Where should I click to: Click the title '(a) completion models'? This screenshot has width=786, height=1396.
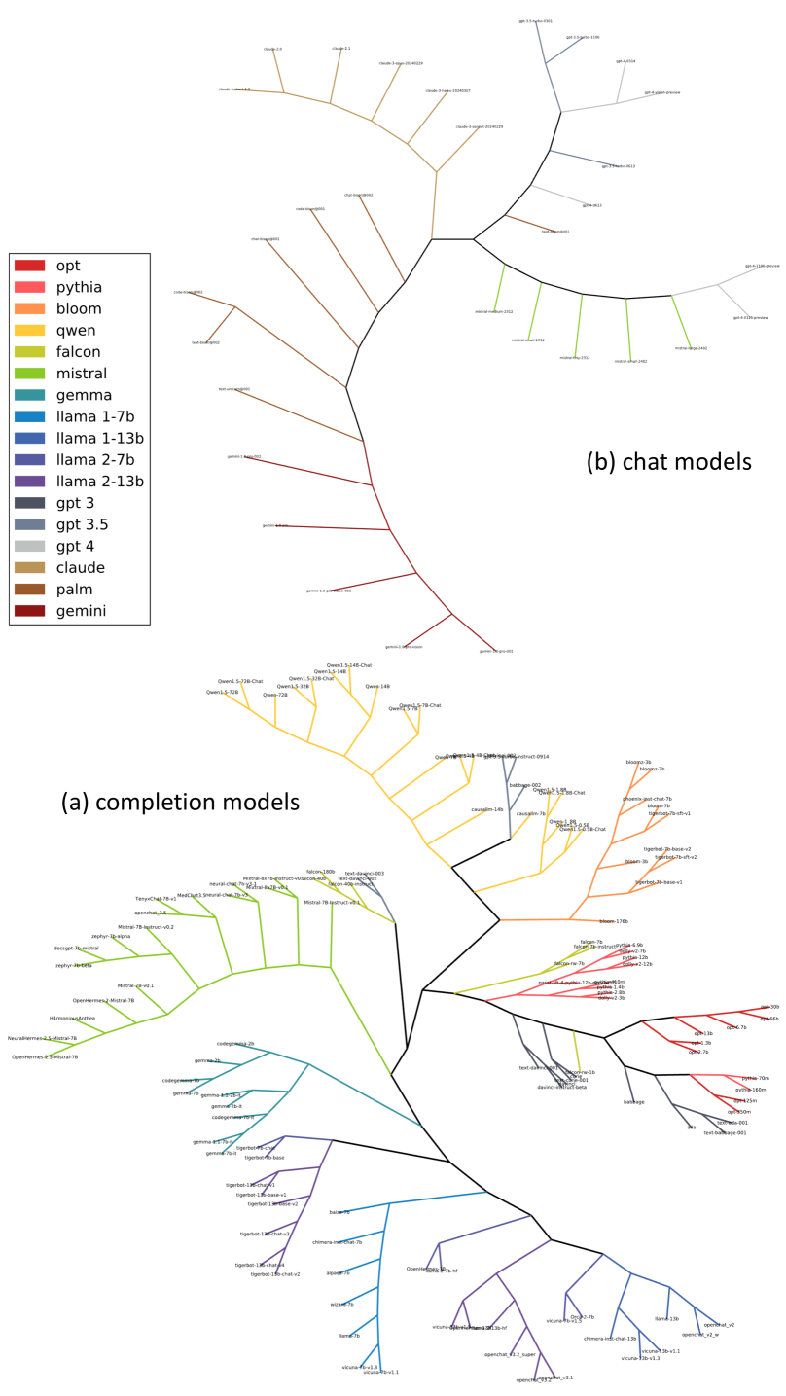tap(180, 802)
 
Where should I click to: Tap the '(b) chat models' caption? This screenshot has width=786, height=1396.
tap(668, 461)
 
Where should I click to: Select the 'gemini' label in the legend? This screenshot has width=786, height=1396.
tap(81, 611)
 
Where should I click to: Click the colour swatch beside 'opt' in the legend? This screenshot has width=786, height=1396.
tap(29, 266)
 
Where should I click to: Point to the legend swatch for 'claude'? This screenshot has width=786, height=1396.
tap(29, 568)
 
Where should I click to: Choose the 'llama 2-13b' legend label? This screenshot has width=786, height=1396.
tap(99, 482)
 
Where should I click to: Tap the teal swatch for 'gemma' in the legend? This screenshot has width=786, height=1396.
tap(29, 395)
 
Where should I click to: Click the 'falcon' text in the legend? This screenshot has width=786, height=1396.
tap(79, 352)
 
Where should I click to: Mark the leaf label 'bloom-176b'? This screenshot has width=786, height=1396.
tap(613, 921)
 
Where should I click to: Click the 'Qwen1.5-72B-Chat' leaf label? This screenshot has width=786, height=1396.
tap(240, 681)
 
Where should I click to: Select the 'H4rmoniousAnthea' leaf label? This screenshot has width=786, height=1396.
tap(73, 1018)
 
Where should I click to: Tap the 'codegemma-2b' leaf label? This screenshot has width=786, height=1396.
tap(235, 1043)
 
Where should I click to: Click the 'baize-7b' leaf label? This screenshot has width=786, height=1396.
tap(339, 1212)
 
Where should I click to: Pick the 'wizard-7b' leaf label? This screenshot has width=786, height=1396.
tap(341, 1304)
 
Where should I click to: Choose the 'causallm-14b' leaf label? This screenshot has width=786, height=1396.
tap(487, 809)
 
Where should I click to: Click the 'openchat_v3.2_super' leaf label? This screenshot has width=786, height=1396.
tap(510, 1354)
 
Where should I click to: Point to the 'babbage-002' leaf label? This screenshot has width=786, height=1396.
tap(525, 785)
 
